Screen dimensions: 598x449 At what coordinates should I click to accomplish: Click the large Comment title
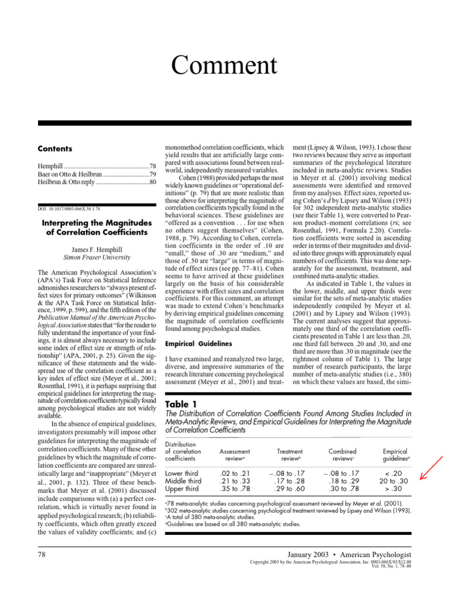point(224,64)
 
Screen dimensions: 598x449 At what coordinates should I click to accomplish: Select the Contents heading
point(55,148)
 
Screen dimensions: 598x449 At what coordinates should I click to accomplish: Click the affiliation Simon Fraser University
point(97,257)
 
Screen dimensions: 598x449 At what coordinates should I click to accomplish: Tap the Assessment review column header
point(234,455)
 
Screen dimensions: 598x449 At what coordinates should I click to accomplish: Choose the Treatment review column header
point(290,455)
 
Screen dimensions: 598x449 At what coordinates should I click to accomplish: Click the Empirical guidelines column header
point(395,455)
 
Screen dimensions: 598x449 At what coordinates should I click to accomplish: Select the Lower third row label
point(182,473)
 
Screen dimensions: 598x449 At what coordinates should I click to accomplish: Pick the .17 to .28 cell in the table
point(290,481)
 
